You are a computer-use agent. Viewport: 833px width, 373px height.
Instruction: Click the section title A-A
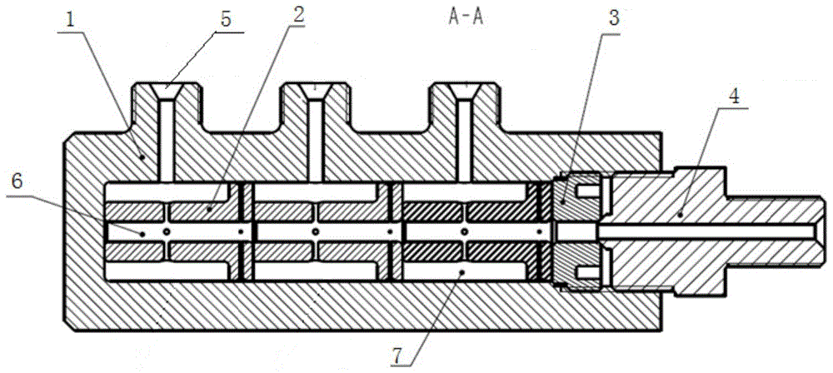(466, 17)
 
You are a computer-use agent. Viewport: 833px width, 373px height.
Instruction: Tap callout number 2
(298, 14)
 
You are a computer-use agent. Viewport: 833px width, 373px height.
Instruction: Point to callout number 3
(613, 19)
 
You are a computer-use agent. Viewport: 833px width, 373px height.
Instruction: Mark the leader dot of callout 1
(142, 157)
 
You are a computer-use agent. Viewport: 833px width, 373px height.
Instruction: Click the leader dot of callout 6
(142, 233)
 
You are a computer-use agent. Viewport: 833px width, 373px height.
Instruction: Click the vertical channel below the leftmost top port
(167, 140)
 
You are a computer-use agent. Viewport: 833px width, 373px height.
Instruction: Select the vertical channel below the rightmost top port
(466, 140)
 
